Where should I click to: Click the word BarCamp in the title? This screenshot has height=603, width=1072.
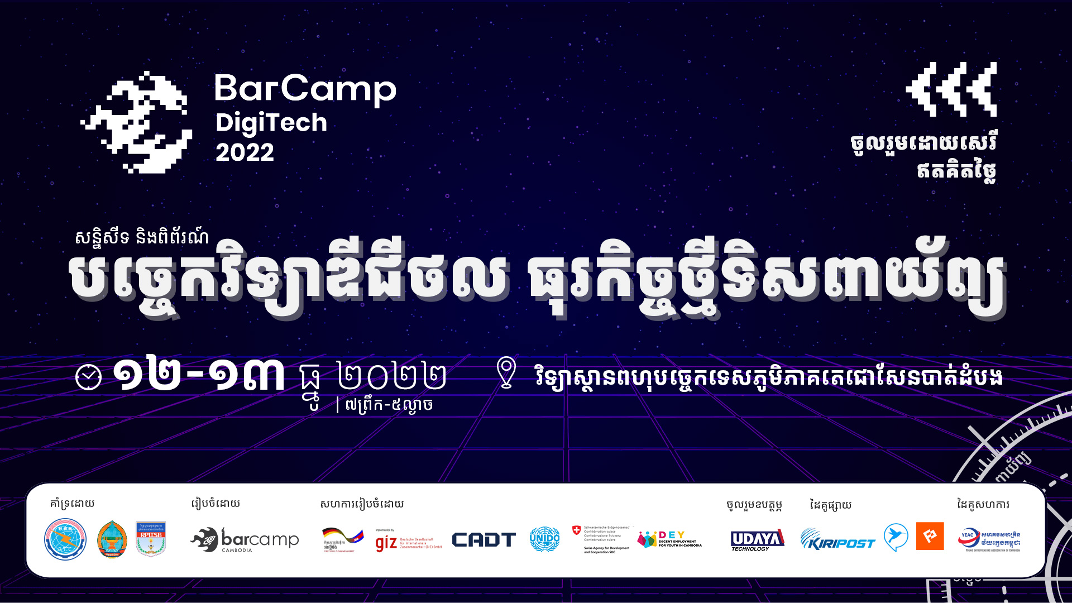tap(305, 89)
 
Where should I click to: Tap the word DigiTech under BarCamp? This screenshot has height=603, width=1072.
tap(271, 123)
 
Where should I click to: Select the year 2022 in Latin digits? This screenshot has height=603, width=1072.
tap(245, 152)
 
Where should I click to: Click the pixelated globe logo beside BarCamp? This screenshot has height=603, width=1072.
tap(137, 122)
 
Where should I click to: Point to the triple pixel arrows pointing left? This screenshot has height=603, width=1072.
tap(951, 89)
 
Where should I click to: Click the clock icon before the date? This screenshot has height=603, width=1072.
tap(88, 377)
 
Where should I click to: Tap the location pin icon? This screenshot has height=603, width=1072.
tap(506, 372)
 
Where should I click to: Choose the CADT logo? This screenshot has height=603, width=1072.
tap(484, 540)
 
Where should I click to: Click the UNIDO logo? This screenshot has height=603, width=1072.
tap(544, 539)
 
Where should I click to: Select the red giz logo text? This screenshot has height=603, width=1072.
tap(386, 542)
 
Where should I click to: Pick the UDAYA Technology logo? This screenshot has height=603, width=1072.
tap(757, 540)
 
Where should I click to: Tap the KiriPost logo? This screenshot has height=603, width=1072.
tap(837, 540)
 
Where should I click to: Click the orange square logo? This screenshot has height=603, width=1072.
tap(930, 536)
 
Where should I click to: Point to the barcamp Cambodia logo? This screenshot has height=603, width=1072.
tap(245, 540)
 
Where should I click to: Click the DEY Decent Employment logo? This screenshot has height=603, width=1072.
tap(669, 539)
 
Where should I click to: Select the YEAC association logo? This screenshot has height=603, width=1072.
tap(989, 540)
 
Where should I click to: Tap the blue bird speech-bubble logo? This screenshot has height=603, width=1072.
tap(896, 537)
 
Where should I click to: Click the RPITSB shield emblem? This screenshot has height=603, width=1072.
tap(151, 539)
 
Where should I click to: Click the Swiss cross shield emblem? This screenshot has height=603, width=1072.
tap(577, 530)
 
